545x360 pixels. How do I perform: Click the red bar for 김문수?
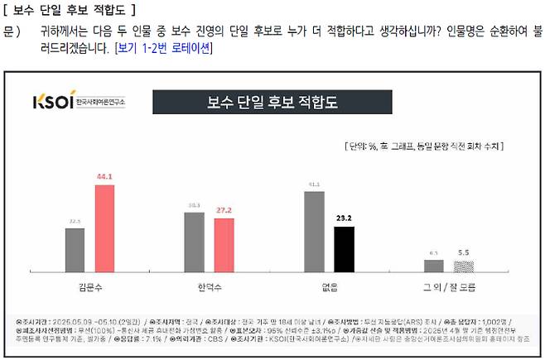[x=104, y=228]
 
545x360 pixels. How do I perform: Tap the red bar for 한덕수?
[x=224, y=245]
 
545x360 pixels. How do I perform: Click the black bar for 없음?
[x=344, y=249]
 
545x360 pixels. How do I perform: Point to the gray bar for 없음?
[x=313, y=232]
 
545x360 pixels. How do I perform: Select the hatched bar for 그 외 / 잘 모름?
[x=463, y=266]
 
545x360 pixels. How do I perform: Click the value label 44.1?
[x=104, y=176]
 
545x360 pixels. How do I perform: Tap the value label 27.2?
[x=224, y=210]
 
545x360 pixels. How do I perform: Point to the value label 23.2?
[x=344, y=218]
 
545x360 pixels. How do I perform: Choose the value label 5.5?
[x=463, y=252]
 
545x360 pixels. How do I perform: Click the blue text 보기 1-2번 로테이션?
[x=163, y=48]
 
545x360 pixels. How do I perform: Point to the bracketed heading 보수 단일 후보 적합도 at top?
[x=70, y=10]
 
